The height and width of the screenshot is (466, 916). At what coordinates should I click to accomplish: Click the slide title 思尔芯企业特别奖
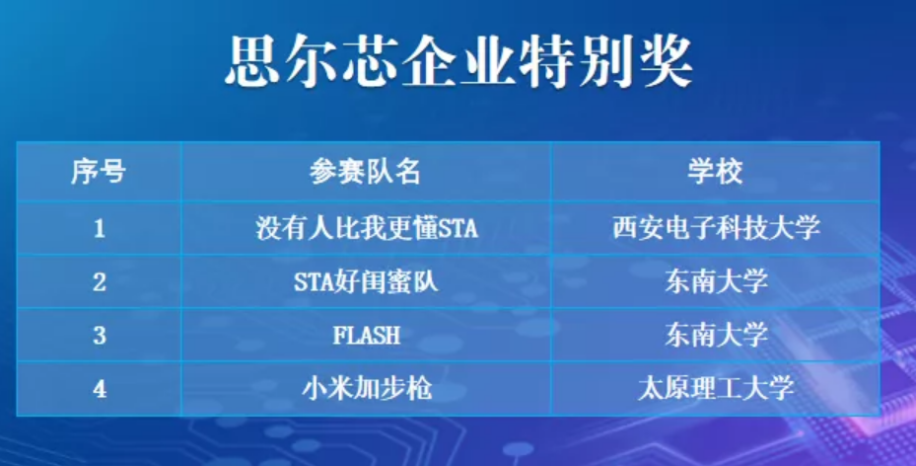(x=458, y=61)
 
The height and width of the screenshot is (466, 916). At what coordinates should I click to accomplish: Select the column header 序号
(x=99, y=172)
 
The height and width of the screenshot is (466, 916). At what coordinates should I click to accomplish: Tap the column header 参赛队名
(x=365, y=172)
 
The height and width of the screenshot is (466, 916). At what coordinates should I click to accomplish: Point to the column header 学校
(x=715, y=172)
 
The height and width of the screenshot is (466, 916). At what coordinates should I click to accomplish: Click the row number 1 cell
(x=100, y=228)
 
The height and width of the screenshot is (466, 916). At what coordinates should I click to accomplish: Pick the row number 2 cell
(x=100, y=281)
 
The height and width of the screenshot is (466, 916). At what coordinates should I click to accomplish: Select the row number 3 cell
(x=100, y=336)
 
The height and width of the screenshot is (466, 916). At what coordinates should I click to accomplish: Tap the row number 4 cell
(x=100, y=389)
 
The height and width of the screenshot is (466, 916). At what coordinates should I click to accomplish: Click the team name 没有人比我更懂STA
(x=366, y=227)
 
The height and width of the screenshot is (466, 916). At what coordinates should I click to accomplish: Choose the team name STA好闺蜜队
(x=366, y=281)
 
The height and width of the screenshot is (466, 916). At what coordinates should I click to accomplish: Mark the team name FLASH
(x=366, y=336)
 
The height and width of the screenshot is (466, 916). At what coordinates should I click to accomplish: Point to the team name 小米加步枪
(x=367, y=389)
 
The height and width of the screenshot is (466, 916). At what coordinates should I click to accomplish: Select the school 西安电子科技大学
(x=716, y=227)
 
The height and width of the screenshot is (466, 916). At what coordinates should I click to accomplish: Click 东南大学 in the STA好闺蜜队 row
(x=716, y=281)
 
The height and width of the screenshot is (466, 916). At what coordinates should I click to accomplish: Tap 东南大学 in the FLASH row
(x=716, y=336)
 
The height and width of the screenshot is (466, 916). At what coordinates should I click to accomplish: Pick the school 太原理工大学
(x=716, y=389)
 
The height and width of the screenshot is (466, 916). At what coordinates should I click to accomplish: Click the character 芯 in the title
(x=371, y=61)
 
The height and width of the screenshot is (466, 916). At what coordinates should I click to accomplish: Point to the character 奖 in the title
(x=666, y=61)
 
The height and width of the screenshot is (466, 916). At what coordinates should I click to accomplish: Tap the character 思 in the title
(x=252, y=61)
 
